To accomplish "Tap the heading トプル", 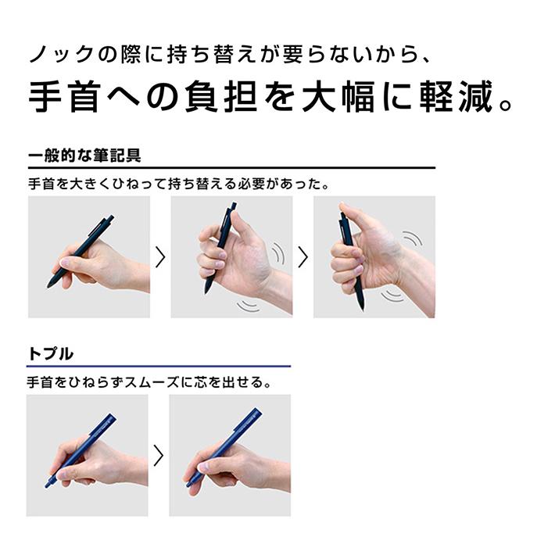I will [51, 354].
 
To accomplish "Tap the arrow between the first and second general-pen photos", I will [160, 256].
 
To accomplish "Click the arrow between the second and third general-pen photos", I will [303, 256].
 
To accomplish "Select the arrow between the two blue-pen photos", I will [159, 455].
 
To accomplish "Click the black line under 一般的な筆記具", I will [231, 168].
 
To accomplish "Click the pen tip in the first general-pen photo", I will [51, 285].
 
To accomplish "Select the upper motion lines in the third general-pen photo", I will [412, 237].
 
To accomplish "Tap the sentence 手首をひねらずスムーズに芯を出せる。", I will [149, 384].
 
